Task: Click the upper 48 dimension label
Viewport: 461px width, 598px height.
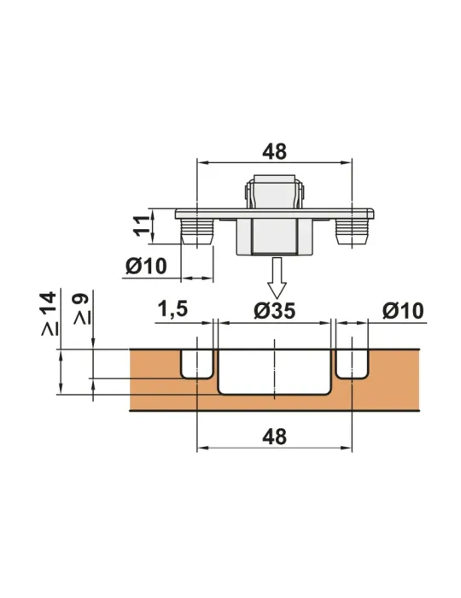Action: (x=274, y=151)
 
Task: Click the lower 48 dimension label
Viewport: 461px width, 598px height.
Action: (x=274, y=437)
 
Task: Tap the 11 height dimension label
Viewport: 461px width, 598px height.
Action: (x=142, y=226)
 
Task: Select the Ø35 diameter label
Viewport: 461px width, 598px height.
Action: (x=274, y=310)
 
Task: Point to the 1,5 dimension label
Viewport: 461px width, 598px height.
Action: (x=172, y=309)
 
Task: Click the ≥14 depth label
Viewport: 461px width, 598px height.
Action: (x=50, y=314)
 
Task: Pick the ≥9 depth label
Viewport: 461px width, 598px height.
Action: (x=82, y=309)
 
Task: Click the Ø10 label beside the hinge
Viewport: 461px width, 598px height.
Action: (x=146, y=266)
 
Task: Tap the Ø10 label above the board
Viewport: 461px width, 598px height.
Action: (x=403, y=310)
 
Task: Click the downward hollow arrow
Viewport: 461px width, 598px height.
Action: (x=277, y=278)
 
